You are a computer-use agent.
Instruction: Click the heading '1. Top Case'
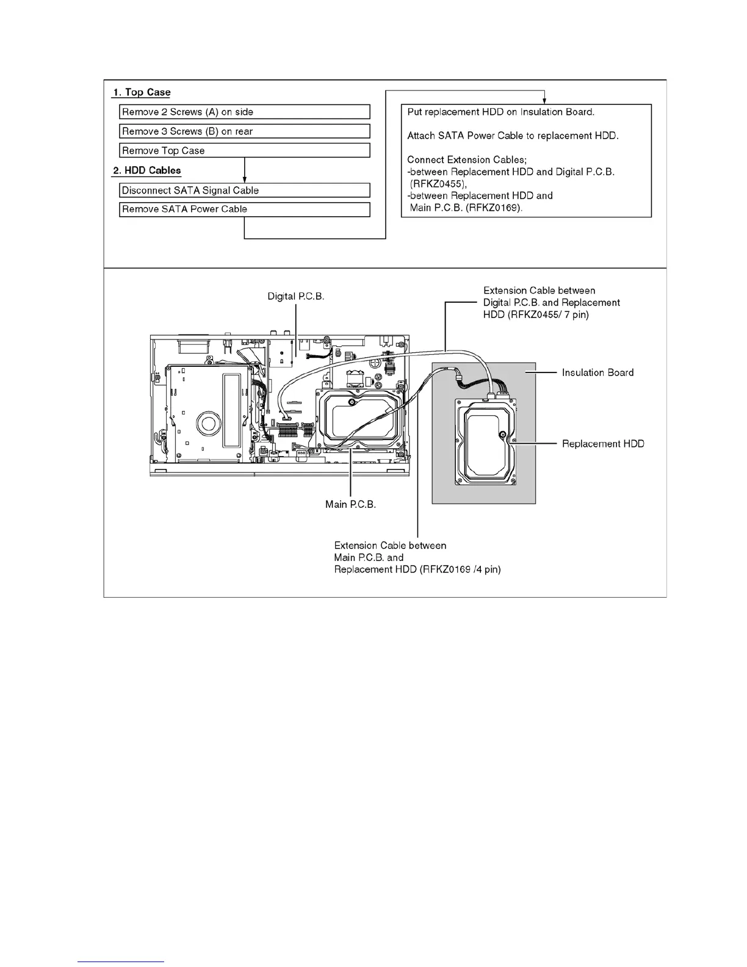tap(141, 93)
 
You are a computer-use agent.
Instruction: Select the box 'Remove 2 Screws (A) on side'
tap(244, 112)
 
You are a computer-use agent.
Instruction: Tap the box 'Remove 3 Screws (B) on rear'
tap(244, 131)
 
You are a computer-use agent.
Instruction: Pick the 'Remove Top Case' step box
tap(244, 151)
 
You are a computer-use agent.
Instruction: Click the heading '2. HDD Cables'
tap(147, 170)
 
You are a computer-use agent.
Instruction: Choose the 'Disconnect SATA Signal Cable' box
tap(244, 190)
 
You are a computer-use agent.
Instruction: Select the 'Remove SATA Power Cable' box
tap(244, 209)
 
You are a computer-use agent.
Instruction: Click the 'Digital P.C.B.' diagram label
tap(296, 297)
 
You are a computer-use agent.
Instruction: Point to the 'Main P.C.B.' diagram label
tap(350, 505)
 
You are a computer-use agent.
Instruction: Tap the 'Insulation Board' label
tap(597, 372)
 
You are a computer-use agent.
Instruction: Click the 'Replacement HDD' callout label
tap(603, 444)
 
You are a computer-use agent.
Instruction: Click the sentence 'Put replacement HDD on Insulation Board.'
tap(500, 112)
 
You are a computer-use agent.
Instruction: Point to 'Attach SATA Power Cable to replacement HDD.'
tap(513, 136)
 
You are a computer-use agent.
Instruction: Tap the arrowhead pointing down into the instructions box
tap(544, 100)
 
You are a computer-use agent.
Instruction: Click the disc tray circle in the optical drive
tap(207, 424)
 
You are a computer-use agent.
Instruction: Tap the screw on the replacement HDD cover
tap(502, 435)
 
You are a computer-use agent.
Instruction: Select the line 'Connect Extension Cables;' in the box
tap(466, 160)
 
